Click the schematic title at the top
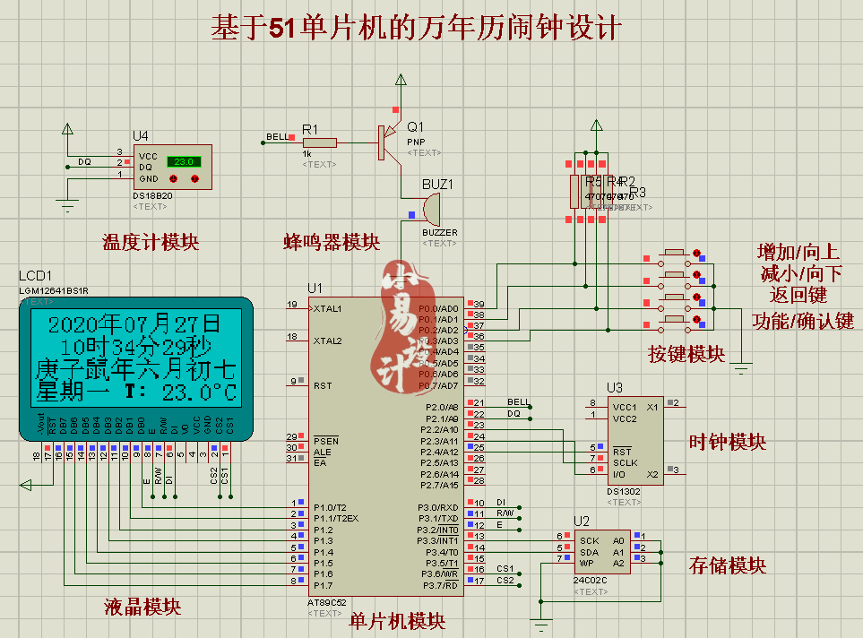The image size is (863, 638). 415,28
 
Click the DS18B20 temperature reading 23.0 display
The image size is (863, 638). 184,162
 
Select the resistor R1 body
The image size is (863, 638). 319,142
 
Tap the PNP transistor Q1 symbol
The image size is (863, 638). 386,142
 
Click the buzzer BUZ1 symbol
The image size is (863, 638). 431,211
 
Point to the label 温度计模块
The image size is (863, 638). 151,242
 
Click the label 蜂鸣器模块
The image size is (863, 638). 332,242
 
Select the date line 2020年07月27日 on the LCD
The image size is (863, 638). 134,323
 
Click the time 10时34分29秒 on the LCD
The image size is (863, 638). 134,347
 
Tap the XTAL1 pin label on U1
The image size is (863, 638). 327,308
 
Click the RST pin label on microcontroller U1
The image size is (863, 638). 323,385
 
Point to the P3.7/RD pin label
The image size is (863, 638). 438,585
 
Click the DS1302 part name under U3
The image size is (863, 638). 625,492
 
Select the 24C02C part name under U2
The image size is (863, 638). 591,581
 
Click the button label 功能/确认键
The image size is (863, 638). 803,321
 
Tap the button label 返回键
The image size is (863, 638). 798,295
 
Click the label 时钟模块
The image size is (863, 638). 728,442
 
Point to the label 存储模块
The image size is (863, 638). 728,565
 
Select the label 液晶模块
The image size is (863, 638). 142,607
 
